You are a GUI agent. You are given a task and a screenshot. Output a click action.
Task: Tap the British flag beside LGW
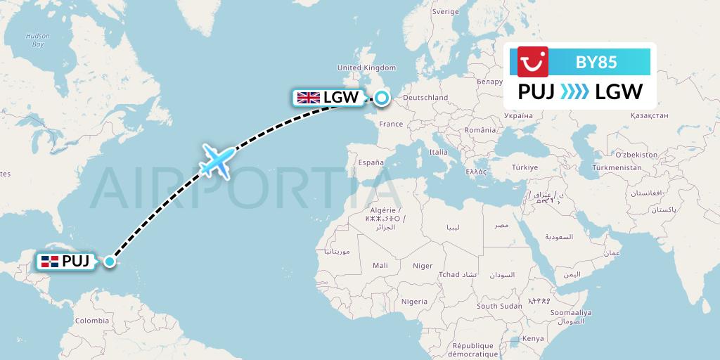coord(308,98)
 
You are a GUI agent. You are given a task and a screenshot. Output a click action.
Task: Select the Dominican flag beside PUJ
coord(49,262)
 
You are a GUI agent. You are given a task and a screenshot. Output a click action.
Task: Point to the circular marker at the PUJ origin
coord(110,262)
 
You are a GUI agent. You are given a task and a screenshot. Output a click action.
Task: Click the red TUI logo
coord(532,62)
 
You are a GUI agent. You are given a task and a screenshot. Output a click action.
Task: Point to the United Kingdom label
coord(367,67)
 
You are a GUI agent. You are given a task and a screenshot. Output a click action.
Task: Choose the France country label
coord(391,124)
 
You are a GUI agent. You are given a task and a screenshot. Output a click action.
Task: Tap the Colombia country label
coord(92,321)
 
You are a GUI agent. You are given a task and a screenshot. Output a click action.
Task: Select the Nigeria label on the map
coord(414,301)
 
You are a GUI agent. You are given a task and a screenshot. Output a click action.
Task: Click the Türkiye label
coord(525,167)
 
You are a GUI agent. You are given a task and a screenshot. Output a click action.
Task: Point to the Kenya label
coord(533,338)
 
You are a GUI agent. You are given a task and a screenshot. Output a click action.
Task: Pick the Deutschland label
coord(426,98)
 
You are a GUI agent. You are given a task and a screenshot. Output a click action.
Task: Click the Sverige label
coord(445,12)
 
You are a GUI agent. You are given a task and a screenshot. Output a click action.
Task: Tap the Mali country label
coord(380,266)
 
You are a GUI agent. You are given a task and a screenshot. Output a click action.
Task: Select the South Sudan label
coord(499,306)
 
